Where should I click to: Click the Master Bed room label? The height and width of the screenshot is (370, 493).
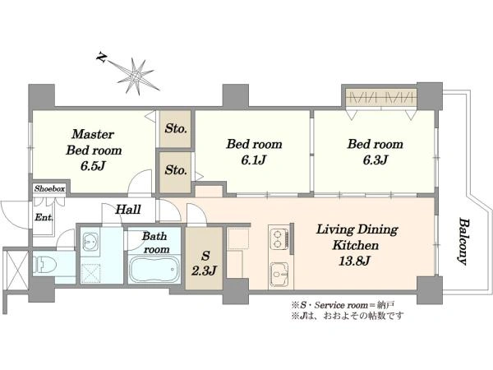click(94, 142)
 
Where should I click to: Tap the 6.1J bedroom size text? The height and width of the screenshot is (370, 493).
click(254, 160)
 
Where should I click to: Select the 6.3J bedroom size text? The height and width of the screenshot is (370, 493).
click(376, 160)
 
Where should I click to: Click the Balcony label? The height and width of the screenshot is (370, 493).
click(462, 241)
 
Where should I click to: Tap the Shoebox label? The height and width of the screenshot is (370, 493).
click(49, 188)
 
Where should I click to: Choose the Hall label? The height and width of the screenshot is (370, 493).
click(128, 210)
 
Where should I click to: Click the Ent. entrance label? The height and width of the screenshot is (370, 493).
click(44, 217)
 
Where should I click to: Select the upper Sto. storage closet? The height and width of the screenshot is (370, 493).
click(175, 128)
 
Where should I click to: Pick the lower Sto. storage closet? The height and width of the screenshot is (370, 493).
click(175, 172)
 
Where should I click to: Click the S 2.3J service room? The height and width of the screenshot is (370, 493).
click(204, 258)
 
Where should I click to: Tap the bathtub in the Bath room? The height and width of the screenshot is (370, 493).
click(154, 270)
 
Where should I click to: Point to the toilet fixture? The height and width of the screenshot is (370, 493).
click(44, 264)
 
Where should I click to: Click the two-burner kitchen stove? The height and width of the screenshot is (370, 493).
click(278, 239)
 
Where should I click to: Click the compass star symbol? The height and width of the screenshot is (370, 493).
click(136, 76)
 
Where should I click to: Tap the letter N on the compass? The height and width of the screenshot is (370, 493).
click(101, 58)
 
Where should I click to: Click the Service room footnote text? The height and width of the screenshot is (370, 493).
click(343, 305)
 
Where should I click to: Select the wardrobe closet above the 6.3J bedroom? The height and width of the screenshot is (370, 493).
click(381, 97)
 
